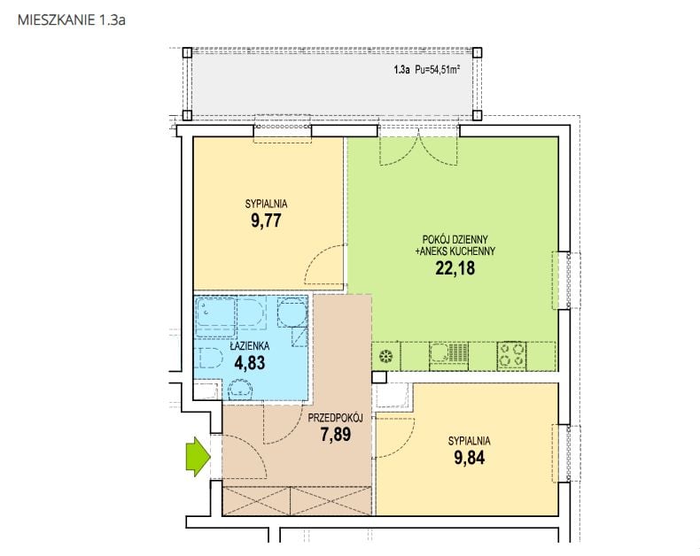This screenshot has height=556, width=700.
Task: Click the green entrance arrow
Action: pyautogui.click(x=198, y=457)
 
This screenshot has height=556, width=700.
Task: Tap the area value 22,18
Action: pyautogui.click(x=455, y=268)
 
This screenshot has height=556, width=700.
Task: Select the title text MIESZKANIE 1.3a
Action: pyautogui.click(x=72, y=20)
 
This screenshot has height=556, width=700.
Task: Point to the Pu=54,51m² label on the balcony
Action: pyautogui.click(x=438, y=70)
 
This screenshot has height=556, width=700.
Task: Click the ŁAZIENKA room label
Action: pyautogui.click(x=250, y=346)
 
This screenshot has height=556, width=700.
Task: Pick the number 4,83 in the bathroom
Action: pyautogui.click(x=250, y=363)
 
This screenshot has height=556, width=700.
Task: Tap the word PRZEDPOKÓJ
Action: pyautogui.click(x=335, y=418)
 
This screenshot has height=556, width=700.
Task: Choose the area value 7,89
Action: pyautogui.click(x=335, y=434)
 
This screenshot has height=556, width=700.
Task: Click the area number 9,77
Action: pyautogui.click(x=266, y=220)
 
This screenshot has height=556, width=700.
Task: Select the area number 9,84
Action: pyautogui.click(x=470, y=458)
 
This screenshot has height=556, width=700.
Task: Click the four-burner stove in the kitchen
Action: pyautogui.click(x=511, y=355)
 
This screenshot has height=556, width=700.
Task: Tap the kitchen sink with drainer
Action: pyautogui.click(x=448, y=356)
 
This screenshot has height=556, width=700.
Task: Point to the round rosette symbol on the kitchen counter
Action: pyautogui.click(x=385, y=357)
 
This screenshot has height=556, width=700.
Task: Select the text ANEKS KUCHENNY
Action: pyautogui.click(x=455, y=251)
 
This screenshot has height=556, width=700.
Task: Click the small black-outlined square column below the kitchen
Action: pyautogui.click(x=379, y=377)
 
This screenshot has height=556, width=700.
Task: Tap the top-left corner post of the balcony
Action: pyautogui.click(x=188, y=52)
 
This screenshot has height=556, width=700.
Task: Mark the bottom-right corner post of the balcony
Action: pyautogui.click(x=478, y=115)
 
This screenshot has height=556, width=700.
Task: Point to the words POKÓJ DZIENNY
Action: pyautogui.click(x=455, y=240)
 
